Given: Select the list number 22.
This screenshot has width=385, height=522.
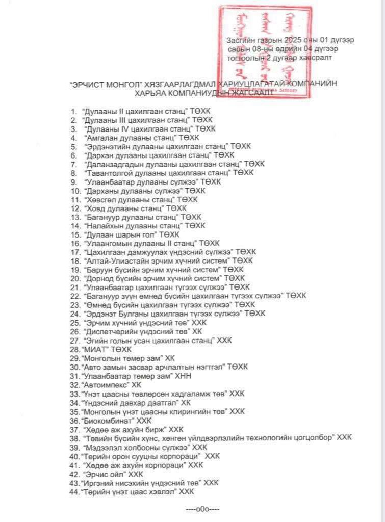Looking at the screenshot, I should point(75,296).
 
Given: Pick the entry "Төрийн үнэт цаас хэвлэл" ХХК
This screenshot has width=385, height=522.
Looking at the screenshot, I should point(137,491).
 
